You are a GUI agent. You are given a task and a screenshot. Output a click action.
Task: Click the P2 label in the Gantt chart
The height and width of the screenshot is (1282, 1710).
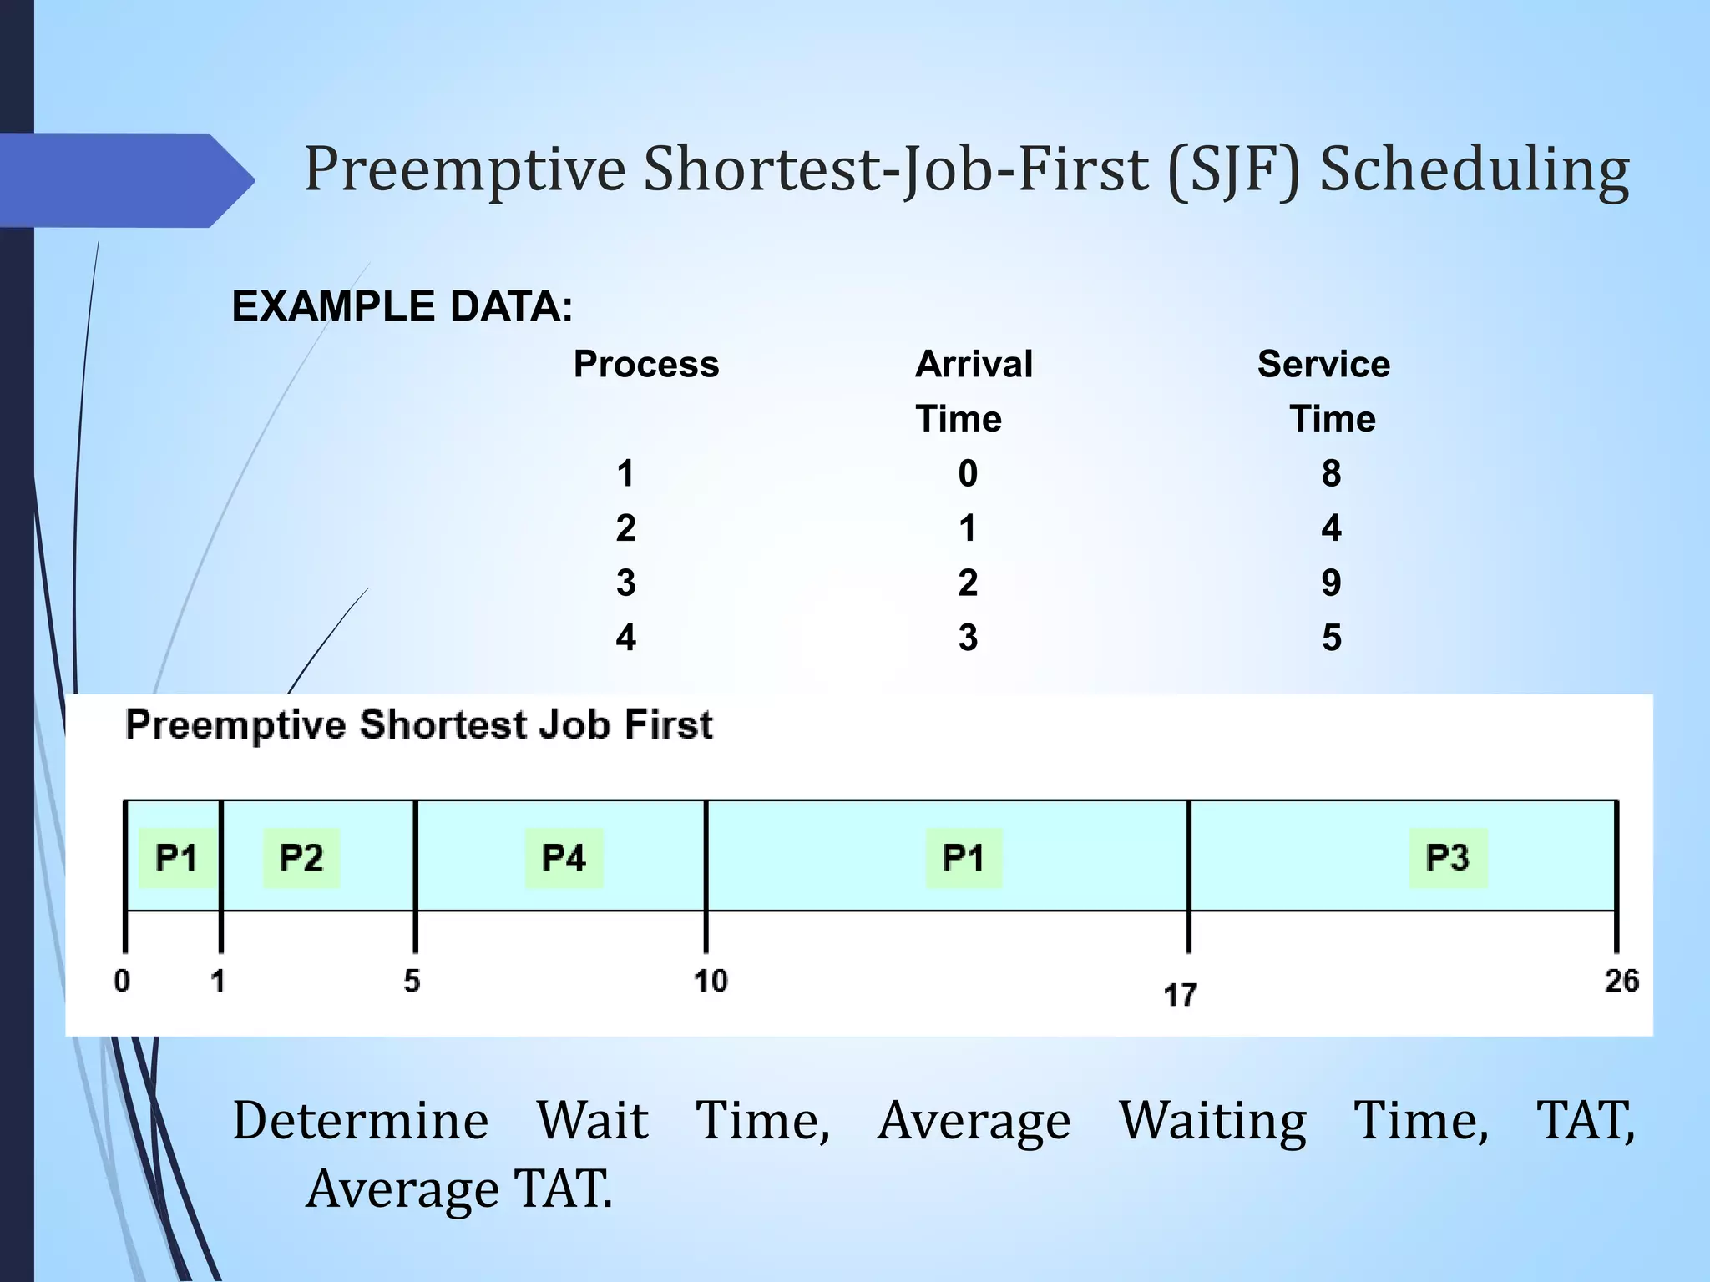tap(301, 858)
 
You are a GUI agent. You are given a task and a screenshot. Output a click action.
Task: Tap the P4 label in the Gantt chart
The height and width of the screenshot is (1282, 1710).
tap(564, 858)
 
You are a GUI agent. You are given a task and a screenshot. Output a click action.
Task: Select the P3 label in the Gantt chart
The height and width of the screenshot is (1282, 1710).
tap(1448, 858)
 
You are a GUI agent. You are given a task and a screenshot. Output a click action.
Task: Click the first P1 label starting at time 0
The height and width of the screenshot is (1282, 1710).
tap(175, 858)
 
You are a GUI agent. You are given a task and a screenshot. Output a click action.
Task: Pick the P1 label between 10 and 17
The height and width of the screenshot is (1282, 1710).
tap(963, 858)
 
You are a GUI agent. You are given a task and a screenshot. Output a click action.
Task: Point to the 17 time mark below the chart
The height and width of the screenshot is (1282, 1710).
tap(1180, 995)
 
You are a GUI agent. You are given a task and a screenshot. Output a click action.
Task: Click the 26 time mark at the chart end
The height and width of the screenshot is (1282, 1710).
tap(1621, 981)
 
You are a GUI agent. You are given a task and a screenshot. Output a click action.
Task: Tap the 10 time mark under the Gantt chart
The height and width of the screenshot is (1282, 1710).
tap(711, 981)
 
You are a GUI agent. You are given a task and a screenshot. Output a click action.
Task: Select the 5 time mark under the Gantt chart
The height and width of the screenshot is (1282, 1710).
tap(412, 981)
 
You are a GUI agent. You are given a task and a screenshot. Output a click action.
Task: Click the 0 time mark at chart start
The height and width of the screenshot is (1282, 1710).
tap(122, 981)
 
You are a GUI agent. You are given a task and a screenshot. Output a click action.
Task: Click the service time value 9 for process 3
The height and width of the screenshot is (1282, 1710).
tap(1331, 583)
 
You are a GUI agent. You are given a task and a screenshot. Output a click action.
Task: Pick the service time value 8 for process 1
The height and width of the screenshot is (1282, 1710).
tap(1331, 473)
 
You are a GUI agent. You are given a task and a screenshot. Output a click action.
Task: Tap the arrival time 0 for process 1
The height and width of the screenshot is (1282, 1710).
tap(968, 473)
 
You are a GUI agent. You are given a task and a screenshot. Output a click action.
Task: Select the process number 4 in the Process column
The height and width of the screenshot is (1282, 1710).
tap(625, 638)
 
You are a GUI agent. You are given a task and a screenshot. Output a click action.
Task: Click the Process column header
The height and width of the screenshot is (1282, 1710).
tap(645, 365)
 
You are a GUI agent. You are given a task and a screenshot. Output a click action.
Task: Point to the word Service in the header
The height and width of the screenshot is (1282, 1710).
tap(1323, 365)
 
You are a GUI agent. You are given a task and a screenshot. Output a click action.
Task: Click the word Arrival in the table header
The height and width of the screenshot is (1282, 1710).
tap(974, 365)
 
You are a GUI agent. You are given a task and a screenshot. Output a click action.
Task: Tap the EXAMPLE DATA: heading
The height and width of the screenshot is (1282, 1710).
tap(402, 306)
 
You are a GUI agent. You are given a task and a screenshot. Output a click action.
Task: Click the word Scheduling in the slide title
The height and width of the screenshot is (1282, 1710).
tap(1474, 170)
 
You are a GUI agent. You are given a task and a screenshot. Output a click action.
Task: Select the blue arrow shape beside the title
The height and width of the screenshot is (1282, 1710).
tap(125, 180)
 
